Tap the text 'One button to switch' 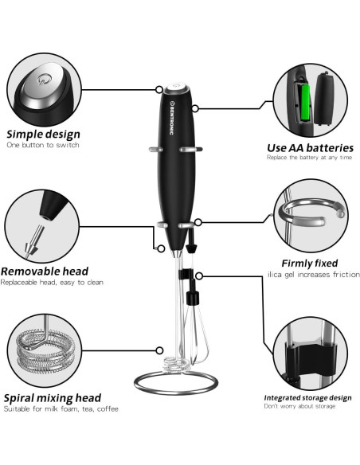43,146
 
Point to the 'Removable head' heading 45,271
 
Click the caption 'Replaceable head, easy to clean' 52,283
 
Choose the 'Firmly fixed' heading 309,263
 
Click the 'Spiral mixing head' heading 53,397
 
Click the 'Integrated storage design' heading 307,397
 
